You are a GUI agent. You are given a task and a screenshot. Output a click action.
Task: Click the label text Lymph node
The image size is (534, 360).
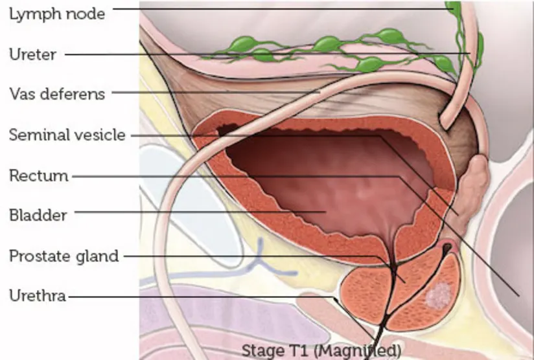[56, 13]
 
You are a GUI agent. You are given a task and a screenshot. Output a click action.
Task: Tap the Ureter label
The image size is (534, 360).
[32, 54]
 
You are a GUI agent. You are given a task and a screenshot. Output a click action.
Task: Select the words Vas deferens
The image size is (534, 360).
[56, 94]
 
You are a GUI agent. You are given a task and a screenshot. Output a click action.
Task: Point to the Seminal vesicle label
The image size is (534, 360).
[67, 135]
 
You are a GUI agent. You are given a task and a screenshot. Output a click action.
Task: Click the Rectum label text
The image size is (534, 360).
[38, 175]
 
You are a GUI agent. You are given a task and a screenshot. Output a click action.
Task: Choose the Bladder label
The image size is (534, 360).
[38, 215]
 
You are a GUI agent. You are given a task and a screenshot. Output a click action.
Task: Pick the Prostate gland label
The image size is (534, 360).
[64, 256]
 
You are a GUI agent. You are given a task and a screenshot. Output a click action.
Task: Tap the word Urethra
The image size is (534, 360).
[38, 297]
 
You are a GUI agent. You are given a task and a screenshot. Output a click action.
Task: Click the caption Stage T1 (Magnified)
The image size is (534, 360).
[321, 350]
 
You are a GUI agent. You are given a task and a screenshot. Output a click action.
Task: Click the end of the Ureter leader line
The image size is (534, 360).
[470, 54]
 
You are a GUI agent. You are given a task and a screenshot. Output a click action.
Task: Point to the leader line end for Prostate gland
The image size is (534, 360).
[405, 282]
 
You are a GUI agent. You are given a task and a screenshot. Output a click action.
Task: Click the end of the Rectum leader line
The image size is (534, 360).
[519, 295]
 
